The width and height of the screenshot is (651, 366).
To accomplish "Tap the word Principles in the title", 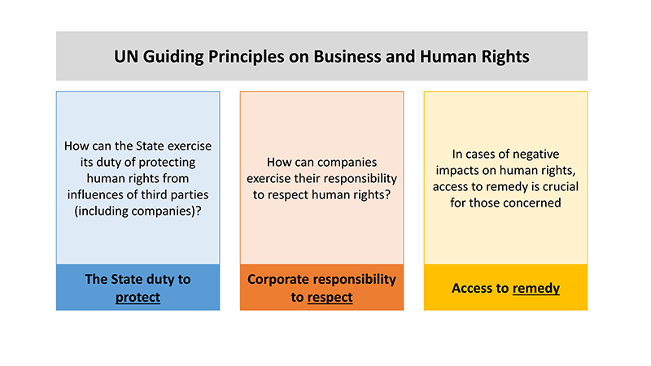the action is click(x=246, y=57).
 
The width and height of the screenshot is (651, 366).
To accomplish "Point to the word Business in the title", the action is click(x=347, y=56).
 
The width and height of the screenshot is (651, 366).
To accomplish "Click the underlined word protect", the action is click(x=138, y=297).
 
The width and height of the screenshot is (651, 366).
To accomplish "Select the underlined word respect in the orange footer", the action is click(x=330, y=297).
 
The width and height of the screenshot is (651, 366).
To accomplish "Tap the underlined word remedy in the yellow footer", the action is click(x=536, y=289).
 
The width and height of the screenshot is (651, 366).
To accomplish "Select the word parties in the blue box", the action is click(x=190, y=195).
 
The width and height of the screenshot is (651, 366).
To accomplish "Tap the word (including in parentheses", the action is click(x=101, y=211).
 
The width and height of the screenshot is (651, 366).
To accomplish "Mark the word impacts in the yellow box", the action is click(x=456, y=171).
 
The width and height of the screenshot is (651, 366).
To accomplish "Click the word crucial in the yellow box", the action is click(x=561, y=187).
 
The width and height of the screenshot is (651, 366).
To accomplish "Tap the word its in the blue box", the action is click(x=86, y=162).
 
